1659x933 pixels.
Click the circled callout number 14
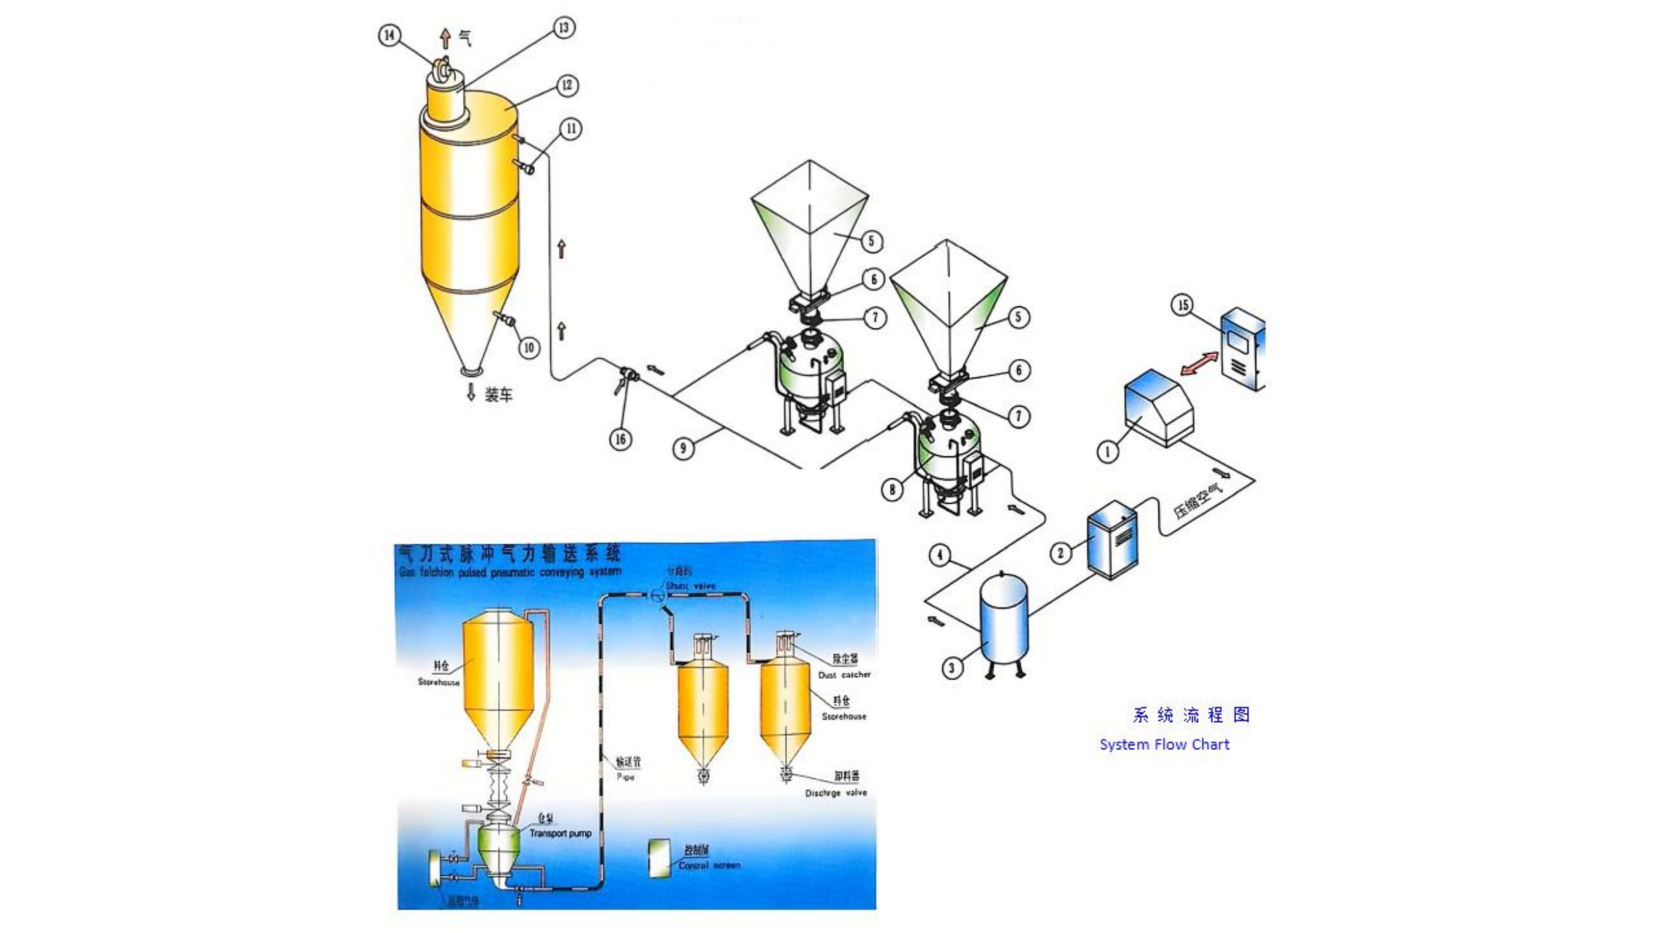pos(390,35)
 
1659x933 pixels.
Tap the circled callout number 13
pos(563,28)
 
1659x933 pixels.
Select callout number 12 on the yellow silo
pos(567,86)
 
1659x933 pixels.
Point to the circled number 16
pos(620,439)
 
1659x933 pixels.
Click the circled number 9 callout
pos(684,448)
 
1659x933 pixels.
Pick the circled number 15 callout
pos(1183,305)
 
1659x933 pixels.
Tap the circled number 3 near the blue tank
pos(952,668)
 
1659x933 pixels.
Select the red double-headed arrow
pos(1200,364)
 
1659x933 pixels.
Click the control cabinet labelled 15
pos(1242,348)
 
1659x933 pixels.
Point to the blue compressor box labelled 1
pos(1158,407)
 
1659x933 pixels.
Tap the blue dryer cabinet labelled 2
pos(1113,539)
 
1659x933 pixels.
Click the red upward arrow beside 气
pos(446,38)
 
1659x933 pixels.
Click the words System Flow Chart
pos(1164,745)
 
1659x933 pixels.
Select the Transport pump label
pos(560,833)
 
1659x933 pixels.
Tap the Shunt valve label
pos(690,586)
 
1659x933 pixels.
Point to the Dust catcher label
pos(844,675)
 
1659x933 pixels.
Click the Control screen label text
pos(709,865)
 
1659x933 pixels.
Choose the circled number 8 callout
pos(892,490)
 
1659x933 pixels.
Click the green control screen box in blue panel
pos(660,859)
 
